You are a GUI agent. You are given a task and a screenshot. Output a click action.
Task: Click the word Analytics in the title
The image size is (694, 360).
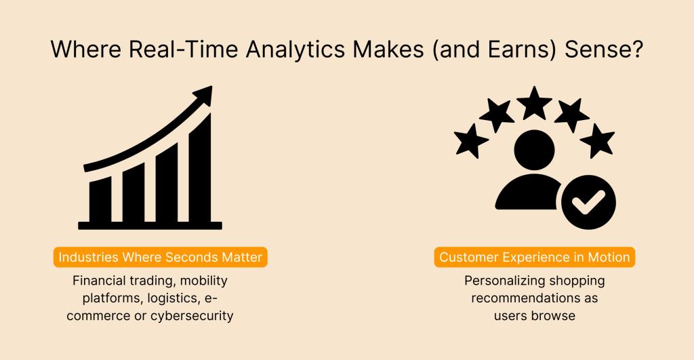(295, 49)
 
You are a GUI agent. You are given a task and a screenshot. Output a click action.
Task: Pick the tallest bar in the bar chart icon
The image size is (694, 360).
(200, 168)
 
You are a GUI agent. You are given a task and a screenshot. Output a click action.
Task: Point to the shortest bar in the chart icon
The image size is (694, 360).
(100, 200)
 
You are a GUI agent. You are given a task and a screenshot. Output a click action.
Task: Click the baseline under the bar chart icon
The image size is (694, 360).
(150, 226)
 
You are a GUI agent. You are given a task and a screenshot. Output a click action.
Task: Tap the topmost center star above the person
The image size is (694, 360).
(534, 103)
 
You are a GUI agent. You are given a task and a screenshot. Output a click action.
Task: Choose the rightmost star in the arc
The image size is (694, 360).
(598, 140)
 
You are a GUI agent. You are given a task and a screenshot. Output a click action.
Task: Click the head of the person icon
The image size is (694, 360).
(534, 150)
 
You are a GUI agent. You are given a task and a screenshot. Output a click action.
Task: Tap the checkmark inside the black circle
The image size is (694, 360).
(588, 202)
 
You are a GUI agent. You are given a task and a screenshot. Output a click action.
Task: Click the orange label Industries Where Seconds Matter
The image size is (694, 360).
(160, 257)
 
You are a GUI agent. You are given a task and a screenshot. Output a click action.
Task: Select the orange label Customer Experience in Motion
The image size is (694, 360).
(535, 257)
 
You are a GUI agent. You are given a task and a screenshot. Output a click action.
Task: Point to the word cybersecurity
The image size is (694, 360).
(192, 316)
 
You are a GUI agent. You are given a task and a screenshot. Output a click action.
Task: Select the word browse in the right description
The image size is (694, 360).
(553, 316)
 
